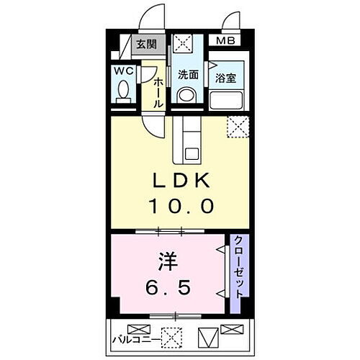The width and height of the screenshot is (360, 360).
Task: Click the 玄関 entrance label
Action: click(146, 45)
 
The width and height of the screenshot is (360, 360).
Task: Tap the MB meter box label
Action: click(226, 42)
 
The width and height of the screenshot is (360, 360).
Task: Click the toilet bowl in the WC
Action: click(123, 91)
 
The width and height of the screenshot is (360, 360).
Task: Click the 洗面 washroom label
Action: click(188, 74)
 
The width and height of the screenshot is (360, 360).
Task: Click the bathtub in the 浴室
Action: click(228, 96)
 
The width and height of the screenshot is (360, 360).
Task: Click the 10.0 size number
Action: click(181, 207)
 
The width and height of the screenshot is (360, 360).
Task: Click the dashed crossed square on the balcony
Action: click(171, 336)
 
